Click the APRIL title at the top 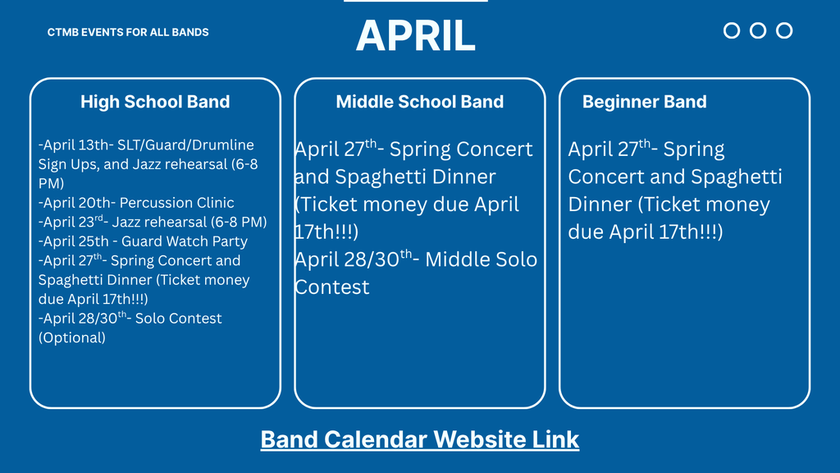(x=415, y=35)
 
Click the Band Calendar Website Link (x=419, y=439)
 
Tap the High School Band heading (x=155, y=102)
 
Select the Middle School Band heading (x=419, y=102)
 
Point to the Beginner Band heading (x=644, y=102)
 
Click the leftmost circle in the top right (x=732, y=30)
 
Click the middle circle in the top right (x=758, y=30)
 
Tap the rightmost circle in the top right (x=784, y=30)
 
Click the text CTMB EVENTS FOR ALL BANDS (x=128, y=32)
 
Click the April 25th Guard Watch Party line (x=143, y=241)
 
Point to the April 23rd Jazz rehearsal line (x=153, y=222)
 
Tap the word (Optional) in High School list (x=72, y=338)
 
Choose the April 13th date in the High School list (x=75, y=145)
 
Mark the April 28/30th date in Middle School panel (x=354, y=259)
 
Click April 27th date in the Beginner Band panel (x=609, y=149)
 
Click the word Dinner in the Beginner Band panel (x=601, y=204)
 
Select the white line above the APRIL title (x=415, y=1)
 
